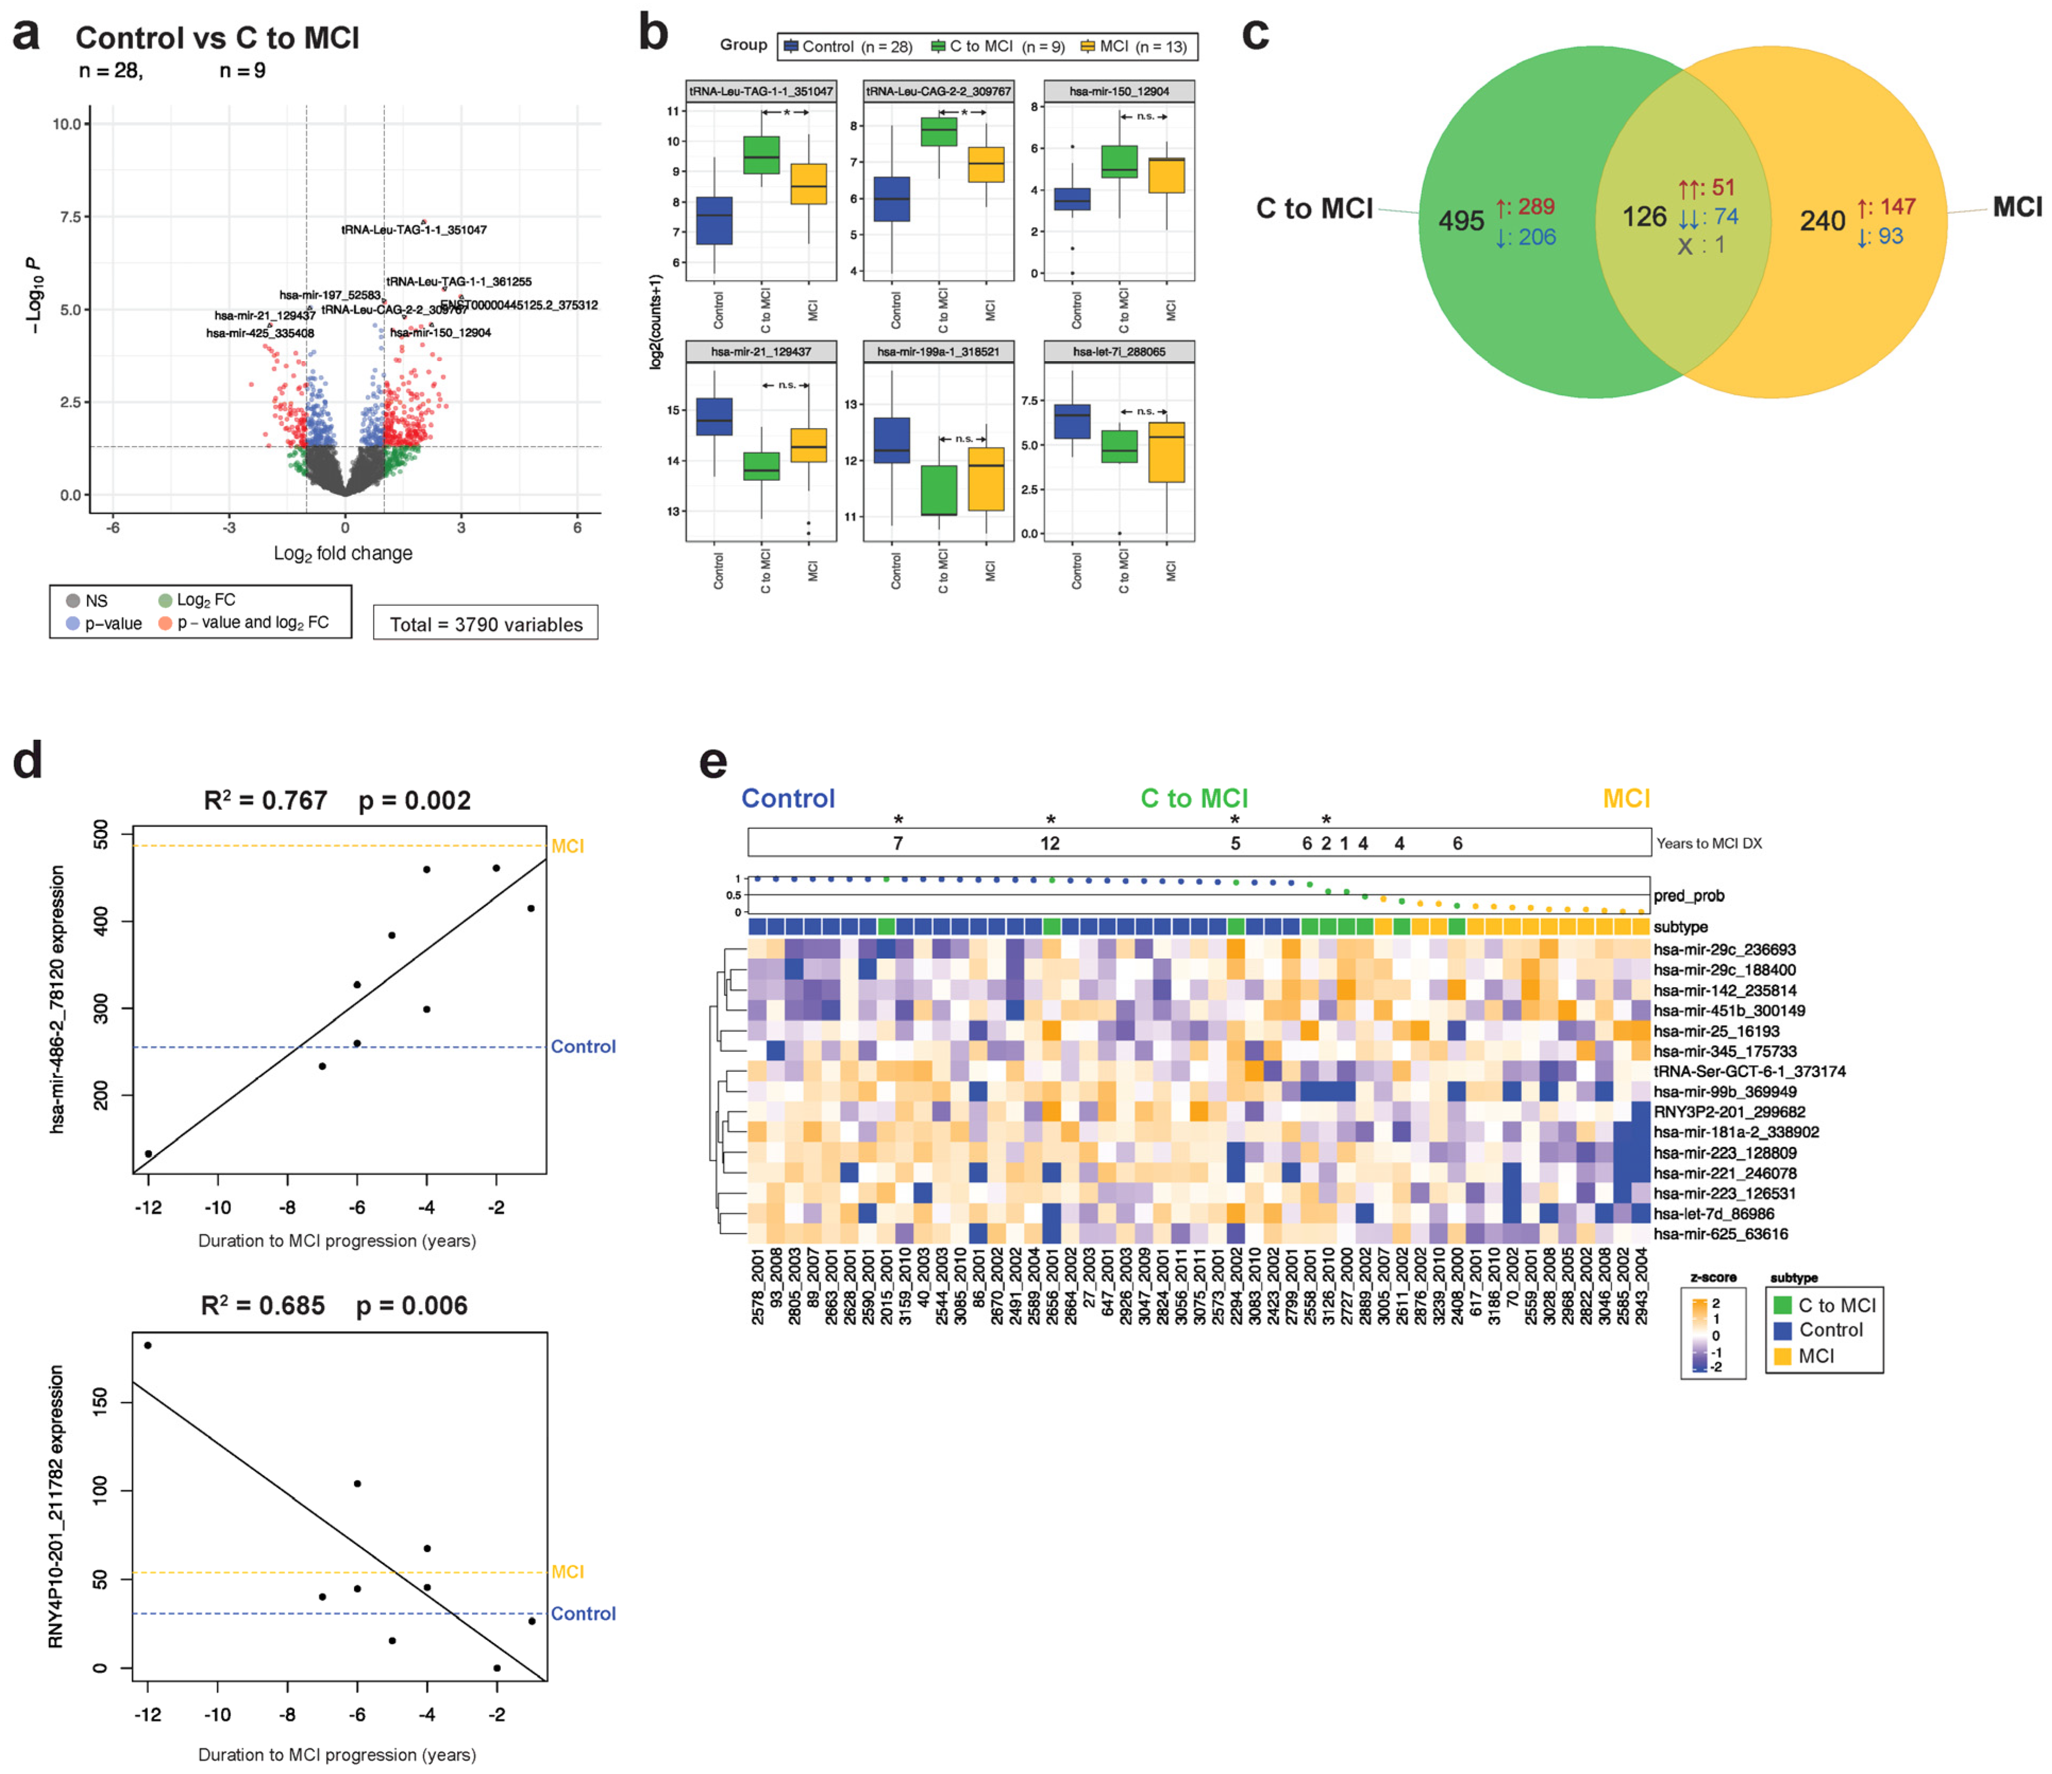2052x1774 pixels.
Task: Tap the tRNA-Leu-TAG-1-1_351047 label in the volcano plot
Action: click(x=414, y=230)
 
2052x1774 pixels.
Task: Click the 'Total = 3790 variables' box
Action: click(x=485, y=624)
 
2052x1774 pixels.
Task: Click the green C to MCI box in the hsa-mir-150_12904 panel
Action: click(x=1119, y=162)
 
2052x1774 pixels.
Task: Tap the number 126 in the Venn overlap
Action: click(x=1644, y=216)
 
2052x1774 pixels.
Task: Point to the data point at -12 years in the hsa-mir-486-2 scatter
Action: click(x=148, y=1153)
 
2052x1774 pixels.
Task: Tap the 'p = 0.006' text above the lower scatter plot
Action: click(x=413, y=1305)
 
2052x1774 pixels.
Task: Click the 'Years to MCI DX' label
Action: click(x=1710, y=844)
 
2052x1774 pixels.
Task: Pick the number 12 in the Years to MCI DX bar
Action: click(x=1050, y=844)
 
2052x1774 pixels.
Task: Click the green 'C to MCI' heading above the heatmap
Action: click(x=1194, y=798)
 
